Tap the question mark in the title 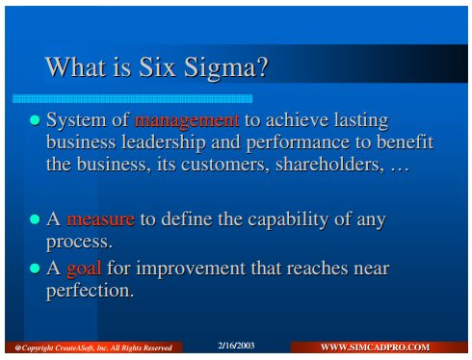pyautogui.click(x=262, y=66)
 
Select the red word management pyautogui.click(x=187, y=120)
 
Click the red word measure pyautogui.click(x=100, y=219)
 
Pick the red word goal pyautogui.click(x=84, y=269)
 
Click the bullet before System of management pyautogui.click(x=35, y=120)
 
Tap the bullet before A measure pyautogui.click(x=35, y=219)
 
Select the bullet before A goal pyautogui.click(x=35, y=269)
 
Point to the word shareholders pyautogui.click(x=329, y=164)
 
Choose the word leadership pyautogui.click(x=164, y=142)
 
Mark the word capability pyautogui.click(x=288, y=219)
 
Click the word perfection pyautogui.click(x=90, y=291)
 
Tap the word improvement pyautogui.click(x=191, y=269)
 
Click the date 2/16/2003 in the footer pyautogui.click(x=236, y=346)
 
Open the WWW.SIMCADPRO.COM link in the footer pyautogui.click(x=375, y=347)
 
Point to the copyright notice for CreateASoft pyautogui.click(x=93, y=347)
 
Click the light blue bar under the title pyautogui.click(x=132, y=98)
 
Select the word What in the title pyautogui.click(x=75, y=66)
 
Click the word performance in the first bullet pyautogui.click(x=298, y=143)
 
